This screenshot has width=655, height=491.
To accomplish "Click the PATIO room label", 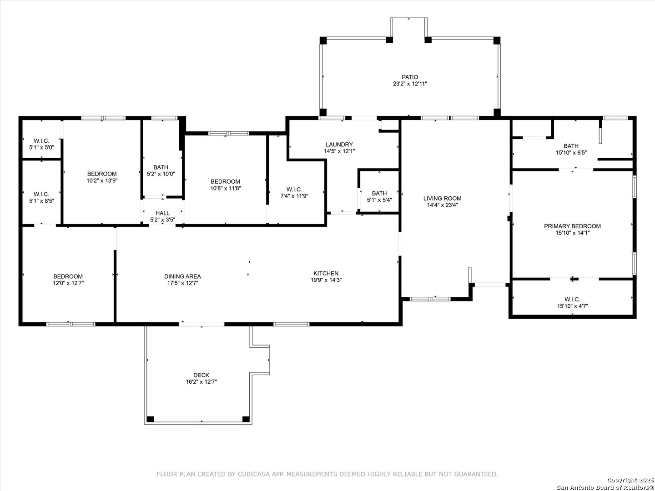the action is tap(410, 77).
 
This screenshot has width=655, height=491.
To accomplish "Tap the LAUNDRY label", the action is tap(339, 145).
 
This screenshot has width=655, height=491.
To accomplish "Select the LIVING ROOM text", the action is tap(442, 198).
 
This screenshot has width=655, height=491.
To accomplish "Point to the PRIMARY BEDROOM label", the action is tap(572, 226).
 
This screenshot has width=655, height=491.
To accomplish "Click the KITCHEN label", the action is tap(326, 273).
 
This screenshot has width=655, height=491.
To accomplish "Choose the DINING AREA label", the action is tap(182, 277).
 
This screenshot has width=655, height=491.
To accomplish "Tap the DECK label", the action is tap(202, 375).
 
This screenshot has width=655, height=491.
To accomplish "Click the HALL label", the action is tap(163, 213).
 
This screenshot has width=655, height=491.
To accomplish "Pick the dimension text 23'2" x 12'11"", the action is tap(410, 84).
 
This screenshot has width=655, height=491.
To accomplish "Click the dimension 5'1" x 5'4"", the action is tap(379, 200).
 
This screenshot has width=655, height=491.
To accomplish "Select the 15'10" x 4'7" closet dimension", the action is tap(572, 306).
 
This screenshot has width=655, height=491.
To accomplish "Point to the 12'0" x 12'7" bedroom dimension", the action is tap(68, 283).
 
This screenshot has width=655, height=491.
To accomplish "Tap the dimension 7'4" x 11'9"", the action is tap(294, 196).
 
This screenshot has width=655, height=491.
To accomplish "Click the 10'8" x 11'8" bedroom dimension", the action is tap(226, 188).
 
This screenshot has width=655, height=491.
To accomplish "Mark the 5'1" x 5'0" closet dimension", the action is tap(41, 147).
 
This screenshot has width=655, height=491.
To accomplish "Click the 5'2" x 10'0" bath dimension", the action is tap(161, 174).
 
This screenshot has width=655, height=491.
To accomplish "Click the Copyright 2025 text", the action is tap(630, 480).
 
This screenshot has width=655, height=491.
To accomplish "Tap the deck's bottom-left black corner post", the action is tap(150, 419).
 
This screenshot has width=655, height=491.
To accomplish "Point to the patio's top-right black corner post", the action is tap(497, 40).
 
